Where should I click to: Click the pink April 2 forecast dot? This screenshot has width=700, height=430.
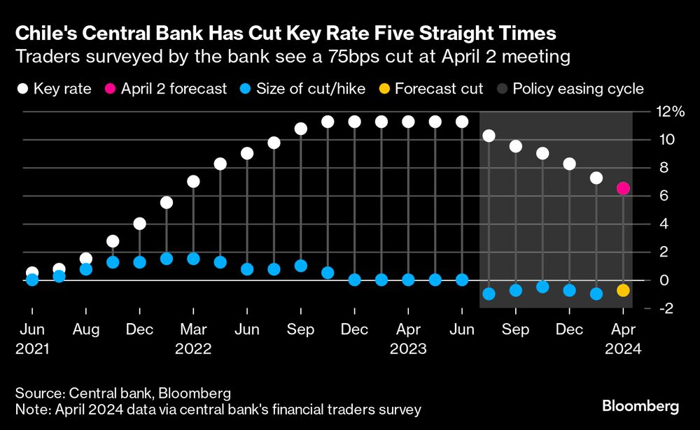click(623, 189)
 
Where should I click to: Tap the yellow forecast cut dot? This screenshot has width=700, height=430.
click(623, 290)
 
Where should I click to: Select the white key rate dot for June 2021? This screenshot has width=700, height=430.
click(32, 273)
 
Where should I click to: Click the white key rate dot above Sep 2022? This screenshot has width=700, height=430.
click(301, 129)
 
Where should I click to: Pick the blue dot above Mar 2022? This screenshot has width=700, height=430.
click(193, 259)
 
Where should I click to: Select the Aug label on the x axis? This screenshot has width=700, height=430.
click(85, 329)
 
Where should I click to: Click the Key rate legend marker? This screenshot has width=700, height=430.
click(23, 89)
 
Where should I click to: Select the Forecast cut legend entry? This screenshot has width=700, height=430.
click(439, 89)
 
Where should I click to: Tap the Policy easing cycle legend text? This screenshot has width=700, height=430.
click(577, 89)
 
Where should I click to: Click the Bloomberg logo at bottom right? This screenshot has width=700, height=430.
click(640, 406)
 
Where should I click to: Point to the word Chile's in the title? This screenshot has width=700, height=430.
click(45, 33)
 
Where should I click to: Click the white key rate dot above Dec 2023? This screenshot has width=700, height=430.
click(569, 164)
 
